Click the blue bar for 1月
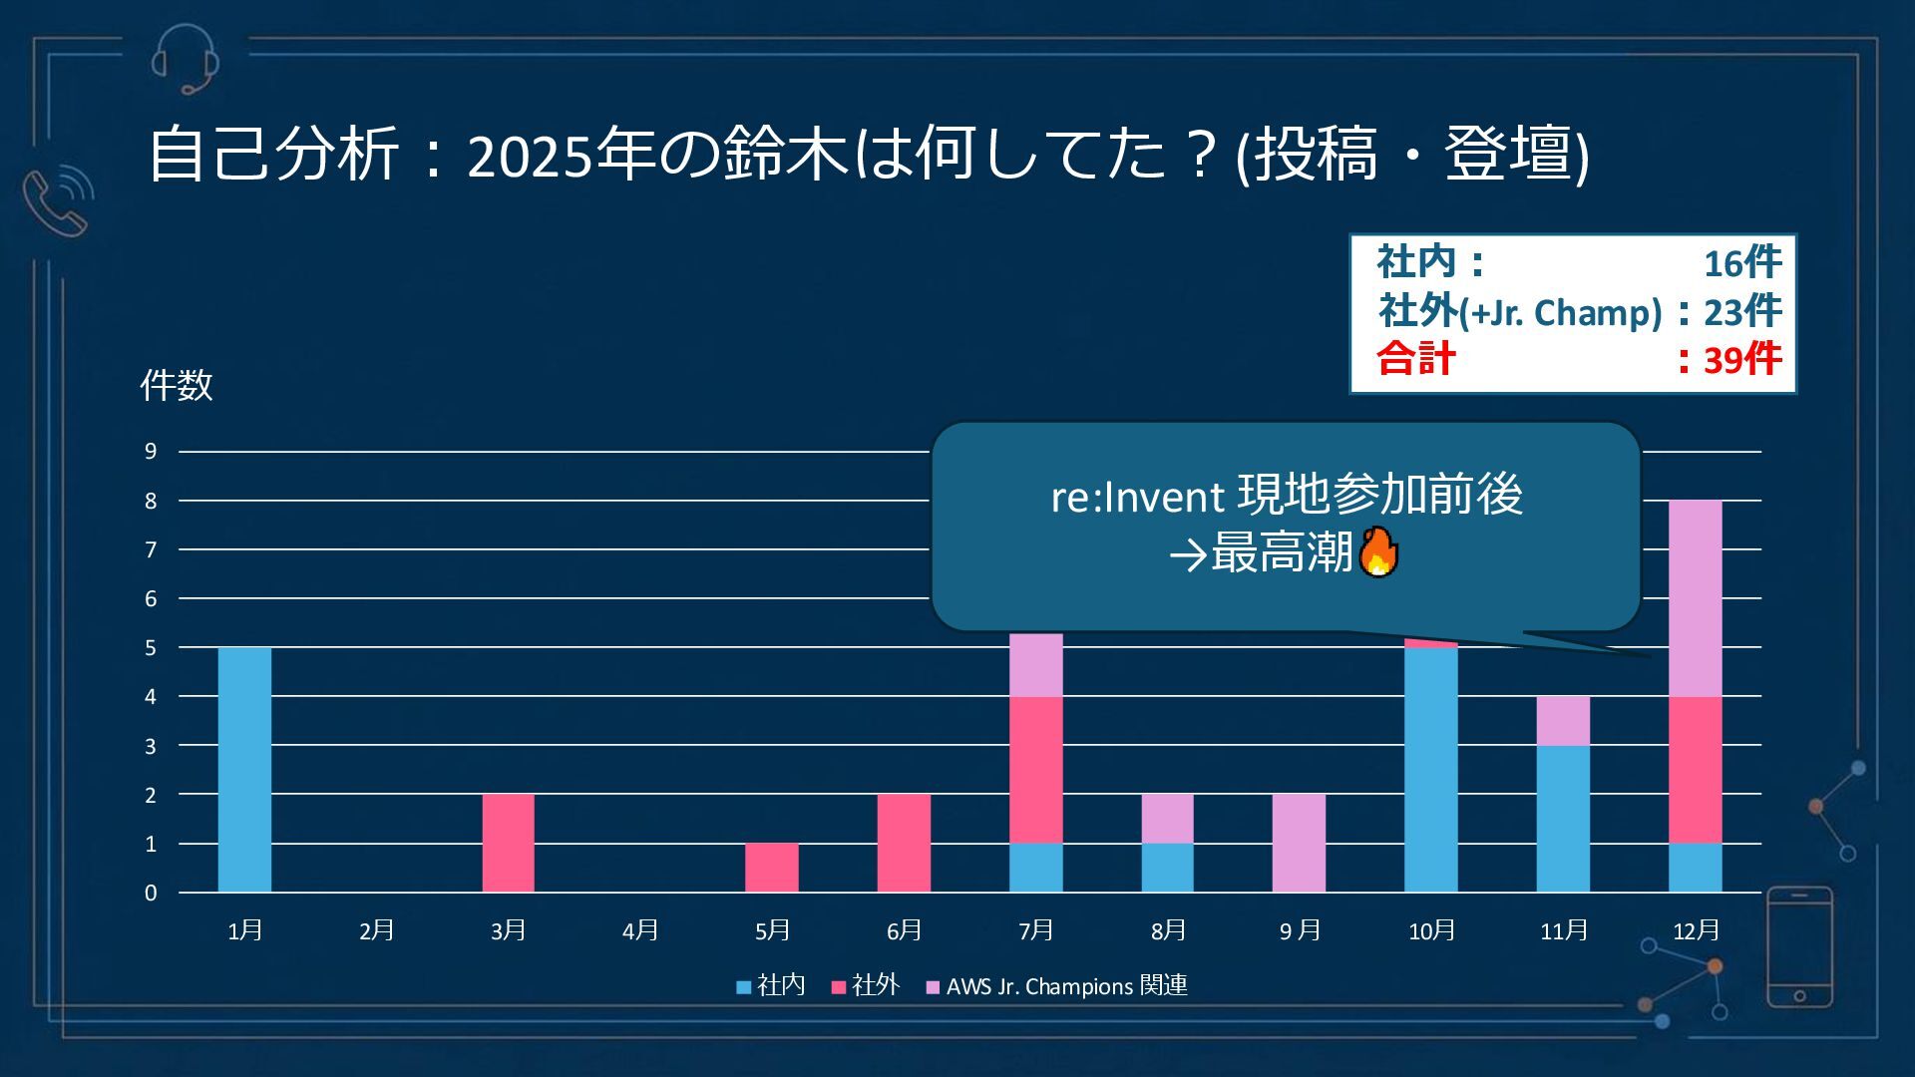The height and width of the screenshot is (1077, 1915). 244,769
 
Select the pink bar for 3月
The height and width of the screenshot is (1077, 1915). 508,843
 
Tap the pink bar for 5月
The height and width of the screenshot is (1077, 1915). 771,868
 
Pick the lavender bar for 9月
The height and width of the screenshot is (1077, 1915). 1299,843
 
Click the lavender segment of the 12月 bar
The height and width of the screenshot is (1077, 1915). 1695,598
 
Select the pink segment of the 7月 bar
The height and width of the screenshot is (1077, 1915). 1035,769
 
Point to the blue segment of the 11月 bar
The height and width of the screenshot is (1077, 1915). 1563,818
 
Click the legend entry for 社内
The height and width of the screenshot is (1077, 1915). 771,985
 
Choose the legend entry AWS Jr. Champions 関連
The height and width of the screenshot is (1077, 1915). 1057,985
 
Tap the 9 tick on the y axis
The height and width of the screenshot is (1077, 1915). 151,452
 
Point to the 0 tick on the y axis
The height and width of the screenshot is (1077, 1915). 151,893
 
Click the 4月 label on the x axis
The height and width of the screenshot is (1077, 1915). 640,930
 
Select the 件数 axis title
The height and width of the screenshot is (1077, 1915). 177,385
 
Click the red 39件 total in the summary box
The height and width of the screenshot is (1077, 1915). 1741,359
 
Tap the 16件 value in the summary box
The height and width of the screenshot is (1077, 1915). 1741,263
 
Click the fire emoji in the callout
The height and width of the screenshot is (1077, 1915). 1378,551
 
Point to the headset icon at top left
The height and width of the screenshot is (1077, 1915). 186,58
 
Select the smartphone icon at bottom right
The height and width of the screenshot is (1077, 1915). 1799,947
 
